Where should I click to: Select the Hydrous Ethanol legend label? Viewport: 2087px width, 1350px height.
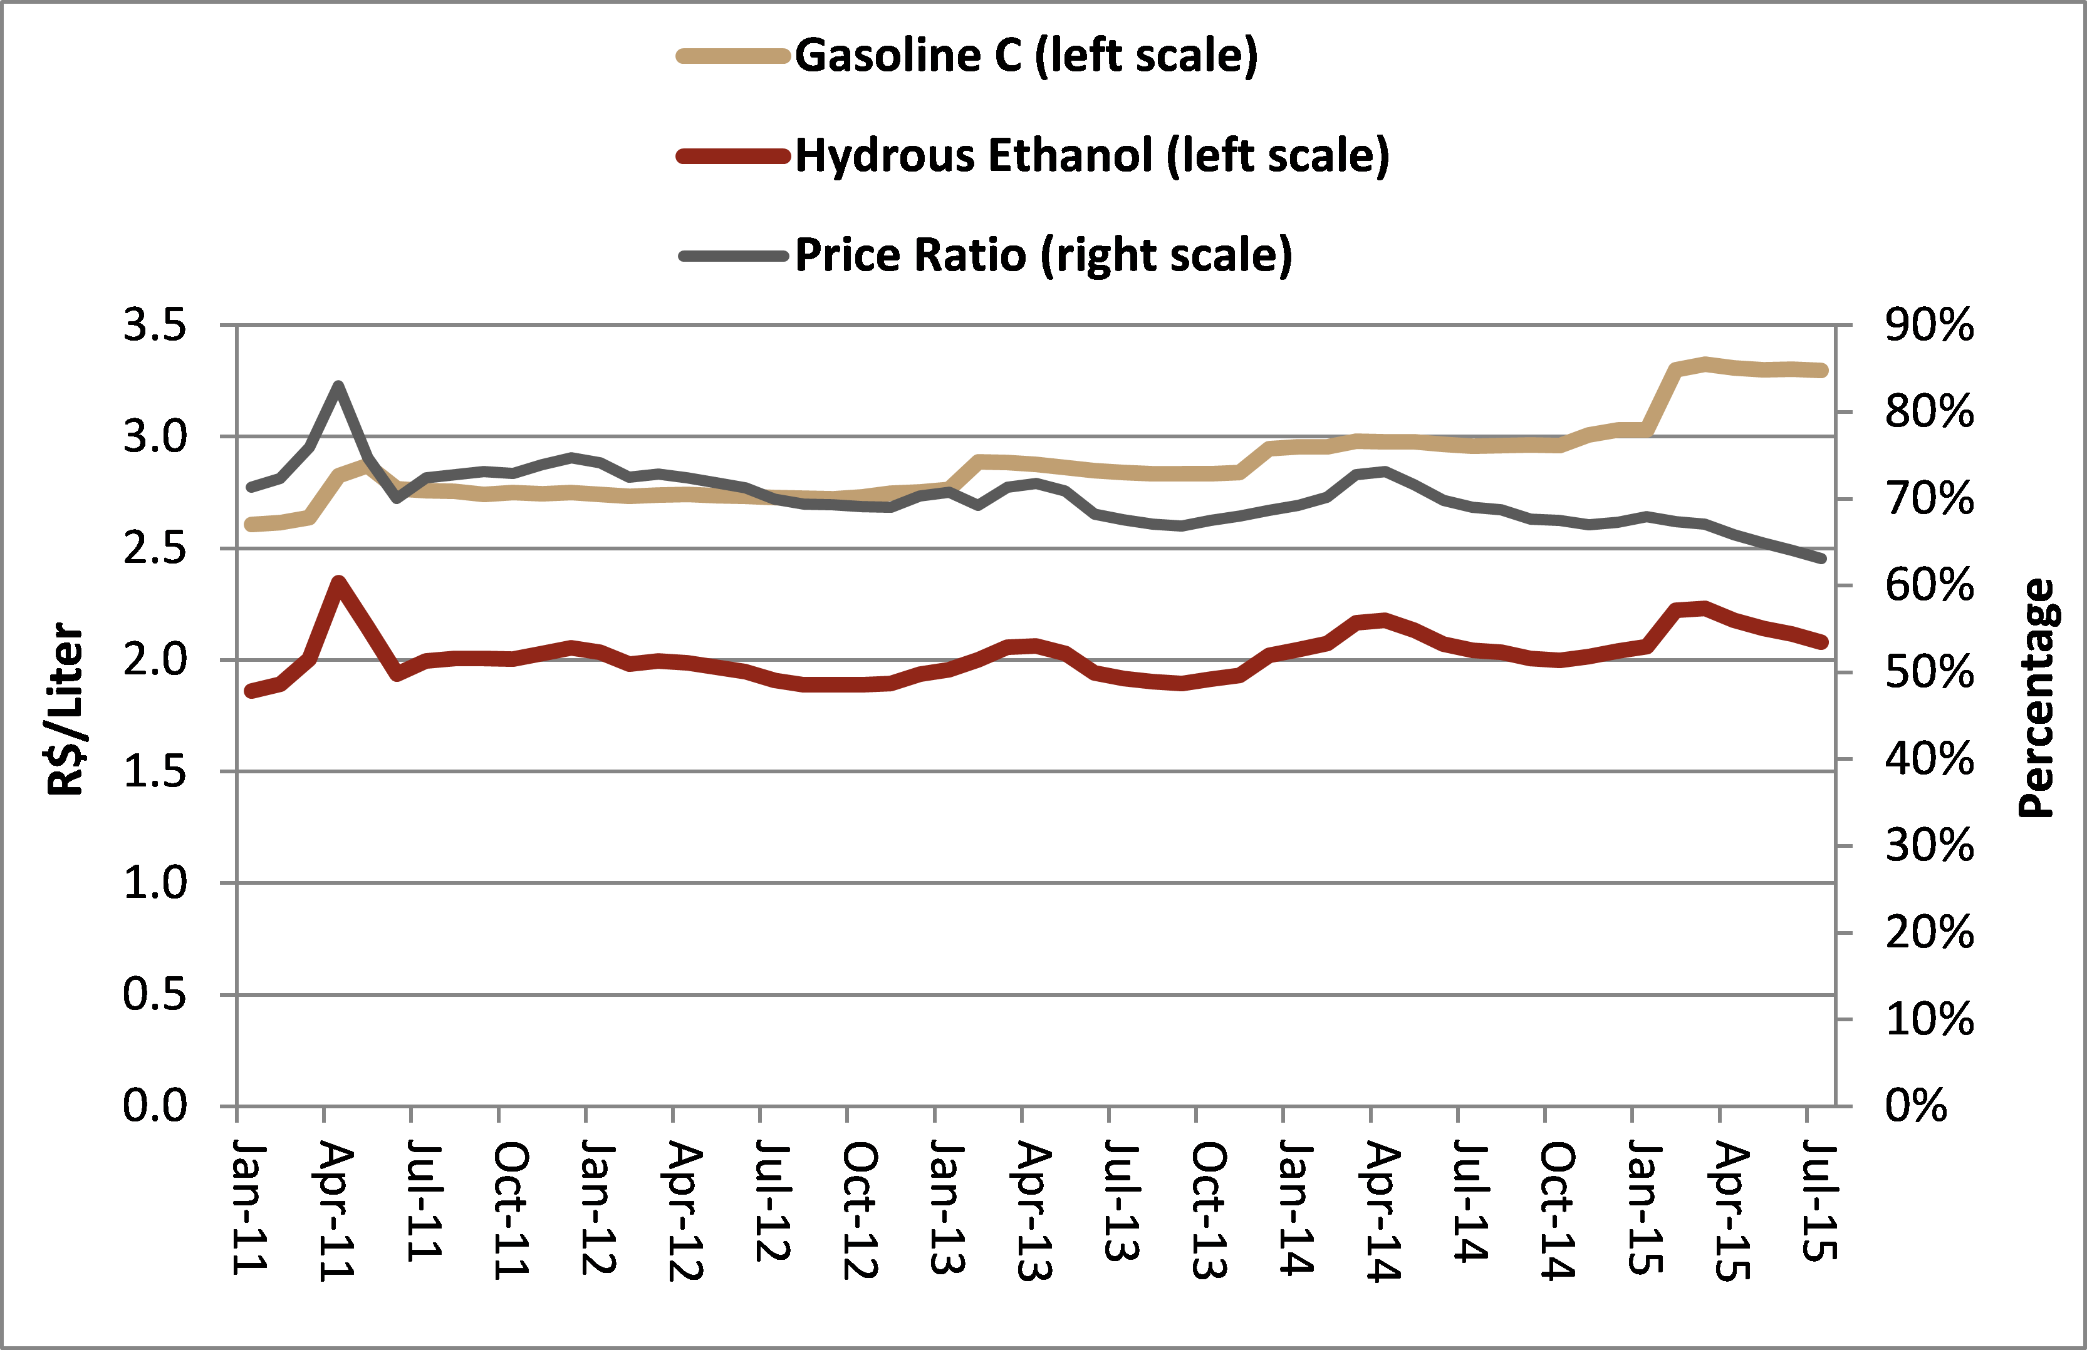pyautogui.click(x=1091, y=156)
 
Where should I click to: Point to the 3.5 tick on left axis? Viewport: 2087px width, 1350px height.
pyautogui.click(x=155, y=325)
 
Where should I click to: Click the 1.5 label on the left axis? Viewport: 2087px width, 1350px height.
pyautogui.click(x=155, y=771)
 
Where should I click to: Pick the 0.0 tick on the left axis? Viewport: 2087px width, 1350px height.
pyautogui.click(x=155, y=1105)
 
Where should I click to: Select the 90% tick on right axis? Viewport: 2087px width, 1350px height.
pyautogui.click(x=1929, y=325)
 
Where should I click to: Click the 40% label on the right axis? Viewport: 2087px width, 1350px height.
pyautogui.click(x=1929, y=759)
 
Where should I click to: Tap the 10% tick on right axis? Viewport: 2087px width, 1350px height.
pyautogui.click(x=1929, y=1019)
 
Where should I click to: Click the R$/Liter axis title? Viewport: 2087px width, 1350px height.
pyautogui.click(x=65, y=708)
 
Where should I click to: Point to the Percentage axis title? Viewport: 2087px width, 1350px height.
pyautogui.click(x=2036, y=699)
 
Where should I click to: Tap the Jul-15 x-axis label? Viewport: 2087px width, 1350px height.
pyautogui.click(x=1819, y=1201)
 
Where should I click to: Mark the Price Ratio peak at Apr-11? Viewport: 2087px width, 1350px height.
pyautogui.click(x=338, y=385)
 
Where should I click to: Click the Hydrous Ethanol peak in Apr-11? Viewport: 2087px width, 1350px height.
pyautogui.click(x=338, y=581)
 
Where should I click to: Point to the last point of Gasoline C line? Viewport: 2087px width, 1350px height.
pyautogui.click(x=1822, y=371)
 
